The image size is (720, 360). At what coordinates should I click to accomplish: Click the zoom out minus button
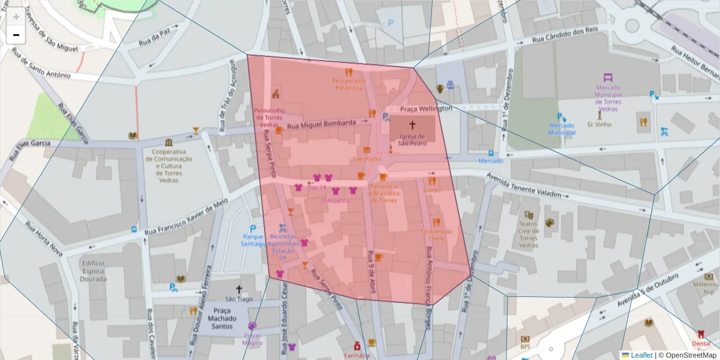pos(16,35)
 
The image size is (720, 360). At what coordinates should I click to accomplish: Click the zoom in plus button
pos(16,17)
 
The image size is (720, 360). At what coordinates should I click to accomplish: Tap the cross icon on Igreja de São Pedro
pos(412,125)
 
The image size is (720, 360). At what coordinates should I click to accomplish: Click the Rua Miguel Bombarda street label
pos(321,124)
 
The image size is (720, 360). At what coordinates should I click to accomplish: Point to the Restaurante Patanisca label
pos(349,84)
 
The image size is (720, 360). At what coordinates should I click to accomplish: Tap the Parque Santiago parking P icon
pos(253,229)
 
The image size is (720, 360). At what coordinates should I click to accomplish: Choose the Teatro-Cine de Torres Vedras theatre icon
pos(529,214)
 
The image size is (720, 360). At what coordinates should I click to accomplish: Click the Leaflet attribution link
pos(641,355)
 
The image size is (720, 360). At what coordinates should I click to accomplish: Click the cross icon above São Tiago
pos(239,289)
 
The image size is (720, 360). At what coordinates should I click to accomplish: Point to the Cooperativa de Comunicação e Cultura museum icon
pos(169,142)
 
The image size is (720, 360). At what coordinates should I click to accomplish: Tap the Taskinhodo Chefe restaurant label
pos(436,235)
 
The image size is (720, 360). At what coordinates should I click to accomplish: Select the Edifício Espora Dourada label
pos(93,271)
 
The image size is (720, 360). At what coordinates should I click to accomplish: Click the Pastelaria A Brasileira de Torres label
pos(383,193)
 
